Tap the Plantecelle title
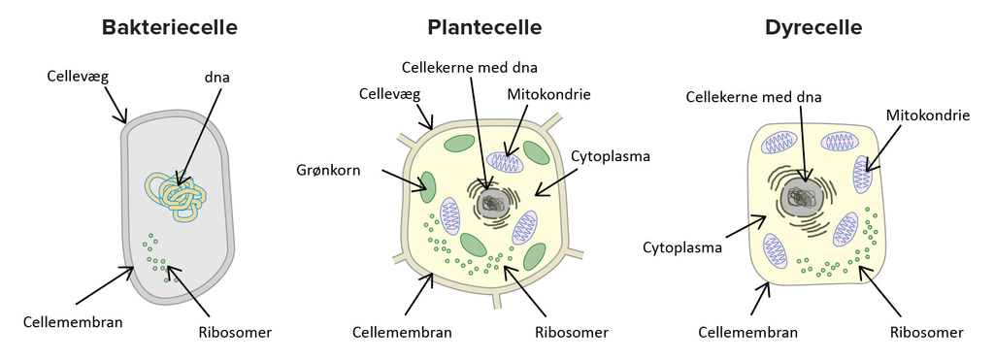coord(484,27)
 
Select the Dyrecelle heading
coord(813,27)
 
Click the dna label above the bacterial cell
coord(218,75)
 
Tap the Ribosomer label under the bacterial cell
coord(234,332)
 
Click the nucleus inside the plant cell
coord(493,202)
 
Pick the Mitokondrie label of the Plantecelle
coord(549,94)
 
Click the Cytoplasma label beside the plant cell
coord(610,155)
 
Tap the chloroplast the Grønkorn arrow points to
coord(427,183)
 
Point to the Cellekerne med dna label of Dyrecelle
coord(754,96)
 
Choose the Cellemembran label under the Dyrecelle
coord(747,332)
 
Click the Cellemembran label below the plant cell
coord(402,332)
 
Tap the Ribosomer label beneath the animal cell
coord(926,332)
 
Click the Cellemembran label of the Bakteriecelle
coord(74,321)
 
